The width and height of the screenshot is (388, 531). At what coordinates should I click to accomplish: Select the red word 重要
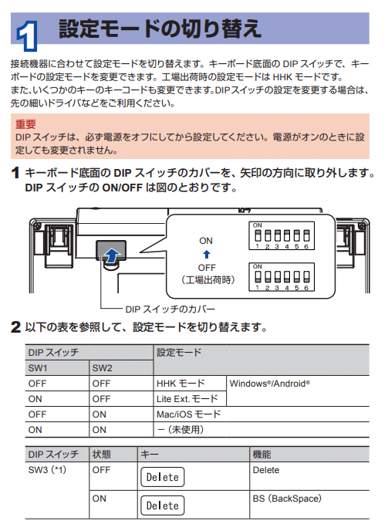pyautogui.click(x=25, y=123)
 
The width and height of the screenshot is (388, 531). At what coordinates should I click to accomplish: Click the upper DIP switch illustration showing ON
pyautogui.click(x=281, y=235)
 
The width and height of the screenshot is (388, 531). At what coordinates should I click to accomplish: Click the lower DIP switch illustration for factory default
pyautogui.click(x=281, y=276)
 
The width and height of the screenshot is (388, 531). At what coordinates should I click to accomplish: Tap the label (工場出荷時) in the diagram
pyautogui.click(x=206, y=278)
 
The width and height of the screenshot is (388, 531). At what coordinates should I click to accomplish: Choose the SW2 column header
pyautogui.click(x=103, y=367)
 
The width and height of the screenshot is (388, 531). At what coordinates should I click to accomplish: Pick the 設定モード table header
pyautogui.click(x=179, y=352)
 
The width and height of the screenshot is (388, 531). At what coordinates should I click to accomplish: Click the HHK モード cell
pyautogui.click(x=181, y=383)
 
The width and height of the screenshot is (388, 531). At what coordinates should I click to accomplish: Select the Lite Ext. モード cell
pyautogui.click(x=187, y=398)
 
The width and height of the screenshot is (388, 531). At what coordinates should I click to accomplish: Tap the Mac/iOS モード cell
pyautogui.click(x=188, y=414)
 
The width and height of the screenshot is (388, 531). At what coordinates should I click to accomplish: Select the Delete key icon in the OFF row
pyautogui.click(x=163, y=477)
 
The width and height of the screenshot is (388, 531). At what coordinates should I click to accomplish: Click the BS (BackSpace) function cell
pyautogui.click(x=286, y=499)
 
